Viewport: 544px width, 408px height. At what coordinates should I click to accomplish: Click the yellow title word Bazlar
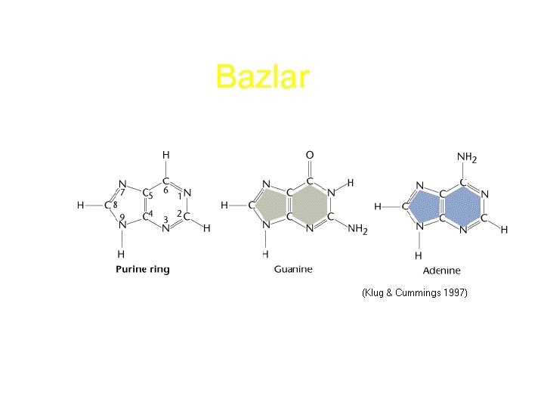[x=262, y=77]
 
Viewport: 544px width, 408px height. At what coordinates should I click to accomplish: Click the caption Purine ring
[x=142, y=270]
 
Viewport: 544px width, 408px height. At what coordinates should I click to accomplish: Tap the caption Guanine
[x=293, y=269]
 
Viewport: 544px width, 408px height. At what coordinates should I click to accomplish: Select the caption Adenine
[x=442, y=270]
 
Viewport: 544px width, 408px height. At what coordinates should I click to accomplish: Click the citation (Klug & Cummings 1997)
[x=414, y=292]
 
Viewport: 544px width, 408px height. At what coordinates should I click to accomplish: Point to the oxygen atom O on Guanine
[x=309, y=155]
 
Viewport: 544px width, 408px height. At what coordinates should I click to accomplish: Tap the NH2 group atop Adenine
[x=467, y=158]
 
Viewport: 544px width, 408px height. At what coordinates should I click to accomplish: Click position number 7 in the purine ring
[x=122, y=192]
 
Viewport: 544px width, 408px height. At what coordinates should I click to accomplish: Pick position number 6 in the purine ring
[x=165, y=190]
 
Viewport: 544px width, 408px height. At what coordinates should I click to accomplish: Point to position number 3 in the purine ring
[x=165, y=220]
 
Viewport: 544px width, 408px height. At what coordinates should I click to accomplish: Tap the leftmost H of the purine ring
[x=81, y=205]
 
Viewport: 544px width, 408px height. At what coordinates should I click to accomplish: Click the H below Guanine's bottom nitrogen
[x=265, y=253]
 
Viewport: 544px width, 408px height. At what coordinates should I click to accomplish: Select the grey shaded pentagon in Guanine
[x=268, y=205]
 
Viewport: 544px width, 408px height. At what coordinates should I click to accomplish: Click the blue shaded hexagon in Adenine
[x=460, y=205]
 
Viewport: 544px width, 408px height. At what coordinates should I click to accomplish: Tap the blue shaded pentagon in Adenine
[x=423, y=206]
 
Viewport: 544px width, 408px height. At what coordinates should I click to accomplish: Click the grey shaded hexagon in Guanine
[x=308, y=205]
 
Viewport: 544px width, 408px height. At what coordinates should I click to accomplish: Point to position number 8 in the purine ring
[x=115, y=205]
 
